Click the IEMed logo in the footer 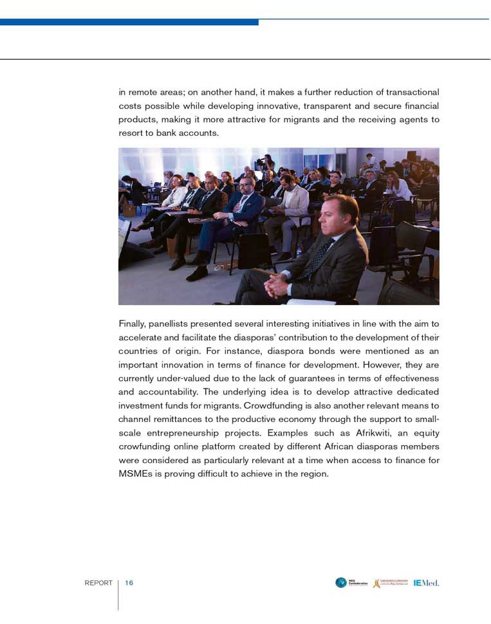(427, 583)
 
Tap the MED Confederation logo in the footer (352, 583)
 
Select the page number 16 (129, 583)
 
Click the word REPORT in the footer (98, 583)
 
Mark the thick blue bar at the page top (129, 22)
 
